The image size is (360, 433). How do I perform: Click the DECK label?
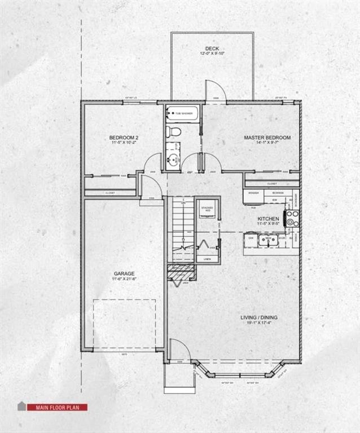[x=212, y=48]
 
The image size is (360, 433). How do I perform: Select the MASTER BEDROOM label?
[x=267, y=138]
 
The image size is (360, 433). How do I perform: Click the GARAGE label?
[x=122, y=273]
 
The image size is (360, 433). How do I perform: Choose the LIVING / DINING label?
[x=259, y=317]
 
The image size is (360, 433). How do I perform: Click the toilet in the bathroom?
[x=174, y=132]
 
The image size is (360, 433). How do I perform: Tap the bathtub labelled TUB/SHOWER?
[x=182, y=113]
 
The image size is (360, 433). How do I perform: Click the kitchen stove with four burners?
[x=292, y=218]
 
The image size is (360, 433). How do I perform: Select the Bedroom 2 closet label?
[x=110, y=193]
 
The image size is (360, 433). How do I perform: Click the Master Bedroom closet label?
[x=271, y=183]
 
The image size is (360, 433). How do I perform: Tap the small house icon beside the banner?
[x=22, y=406]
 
